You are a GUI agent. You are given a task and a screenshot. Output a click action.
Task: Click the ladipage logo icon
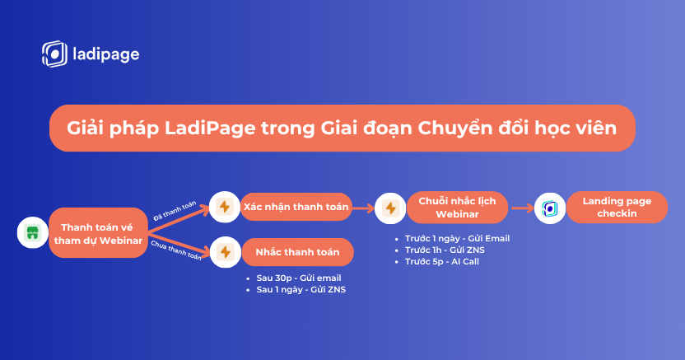[x=54, y=54]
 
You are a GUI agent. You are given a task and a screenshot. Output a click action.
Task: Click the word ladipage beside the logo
[x=106, y=54]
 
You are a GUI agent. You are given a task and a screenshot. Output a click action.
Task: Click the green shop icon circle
[x=33, y=232]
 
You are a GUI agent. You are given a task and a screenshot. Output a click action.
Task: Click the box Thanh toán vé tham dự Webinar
[x=98, y=233]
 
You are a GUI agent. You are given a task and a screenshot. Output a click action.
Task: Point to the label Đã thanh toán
[x=175, y=211]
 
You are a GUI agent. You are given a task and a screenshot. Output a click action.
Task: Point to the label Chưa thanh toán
[x=176, y=250]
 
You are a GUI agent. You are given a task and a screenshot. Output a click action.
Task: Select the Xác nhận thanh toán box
[x=296, y=207]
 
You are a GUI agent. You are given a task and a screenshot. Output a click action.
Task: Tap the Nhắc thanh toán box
[x=297, y=252]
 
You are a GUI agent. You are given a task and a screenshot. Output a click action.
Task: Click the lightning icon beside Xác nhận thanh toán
[x=225, y=207]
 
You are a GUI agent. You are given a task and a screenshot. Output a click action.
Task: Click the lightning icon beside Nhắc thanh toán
[x=226, y=252]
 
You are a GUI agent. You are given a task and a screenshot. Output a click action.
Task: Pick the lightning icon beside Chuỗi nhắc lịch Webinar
[x=390, y=208]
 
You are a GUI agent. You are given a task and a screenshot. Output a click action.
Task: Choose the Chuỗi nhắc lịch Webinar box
[x=458, y=208]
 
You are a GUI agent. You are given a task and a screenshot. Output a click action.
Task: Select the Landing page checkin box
[x=617, y=207]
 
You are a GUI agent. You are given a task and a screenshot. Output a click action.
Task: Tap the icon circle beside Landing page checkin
[x=550, y=208]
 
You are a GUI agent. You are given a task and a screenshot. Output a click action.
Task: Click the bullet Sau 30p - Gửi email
[x=294, y=278]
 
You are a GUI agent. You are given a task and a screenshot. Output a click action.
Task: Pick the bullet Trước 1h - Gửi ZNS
[x=440, y=250]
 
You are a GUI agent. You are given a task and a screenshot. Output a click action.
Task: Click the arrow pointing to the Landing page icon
[x=523, y=208]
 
